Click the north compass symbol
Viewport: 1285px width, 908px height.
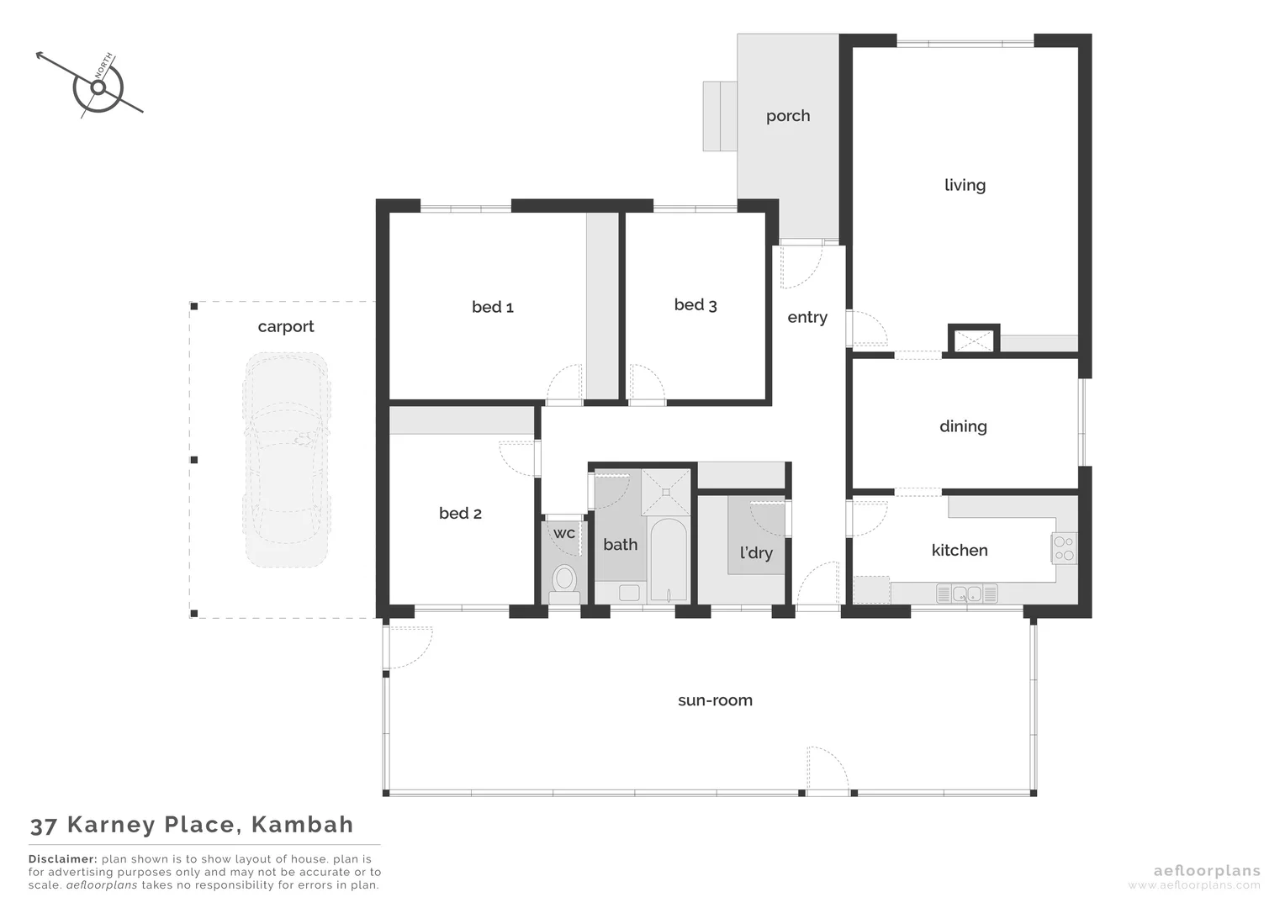point(98,87)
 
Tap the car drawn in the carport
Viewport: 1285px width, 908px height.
point(285,459)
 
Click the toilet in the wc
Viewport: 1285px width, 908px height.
point(564,580)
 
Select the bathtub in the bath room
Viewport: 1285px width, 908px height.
point(669,560)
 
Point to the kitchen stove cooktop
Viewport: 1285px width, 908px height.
point(1064,548)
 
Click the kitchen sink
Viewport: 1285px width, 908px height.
point(966,594)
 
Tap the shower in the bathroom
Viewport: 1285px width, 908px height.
point(666,492)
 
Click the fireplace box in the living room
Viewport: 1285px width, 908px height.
point(973,340)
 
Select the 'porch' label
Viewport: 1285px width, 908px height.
point(788,116)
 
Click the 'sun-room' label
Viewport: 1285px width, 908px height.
point(715,700)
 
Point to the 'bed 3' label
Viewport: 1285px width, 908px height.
point(695,305)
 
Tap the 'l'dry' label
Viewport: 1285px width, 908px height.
point(756,552)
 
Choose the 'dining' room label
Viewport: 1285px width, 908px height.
point(963,426)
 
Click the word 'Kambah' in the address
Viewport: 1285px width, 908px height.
point(302,825)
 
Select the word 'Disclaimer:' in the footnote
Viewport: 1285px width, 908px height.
point(63,859)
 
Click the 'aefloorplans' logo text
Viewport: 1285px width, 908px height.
point(1207,871)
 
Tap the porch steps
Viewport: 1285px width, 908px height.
point(720,116)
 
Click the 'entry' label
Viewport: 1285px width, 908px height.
point(807,317)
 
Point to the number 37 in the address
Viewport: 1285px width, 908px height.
point(43,826)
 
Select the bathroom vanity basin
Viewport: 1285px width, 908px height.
point(628,593)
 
